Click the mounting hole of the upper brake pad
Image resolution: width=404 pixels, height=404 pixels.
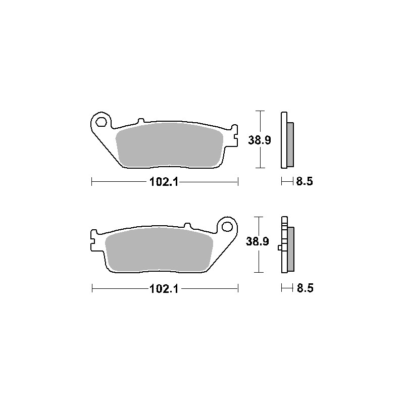[102, 122]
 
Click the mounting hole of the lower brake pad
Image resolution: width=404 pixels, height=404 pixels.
[227, 227]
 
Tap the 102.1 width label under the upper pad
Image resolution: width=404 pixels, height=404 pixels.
[164, 182]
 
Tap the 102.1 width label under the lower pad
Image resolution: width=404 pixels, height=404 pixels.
[164, 289]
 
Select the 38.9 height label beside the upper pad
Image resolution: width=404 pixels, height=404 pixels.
[260, 140]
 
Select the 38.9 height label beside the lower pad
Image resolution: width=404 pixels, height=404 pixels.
[258, 241]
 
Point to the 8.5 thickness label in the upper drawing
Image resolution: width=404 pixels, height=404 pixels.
[305, 181]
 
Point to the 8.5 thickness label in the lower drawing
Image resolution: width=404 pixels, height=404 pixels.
[305, 288]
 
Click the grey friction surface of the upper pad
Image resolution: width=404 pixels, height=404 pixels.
[170, 145]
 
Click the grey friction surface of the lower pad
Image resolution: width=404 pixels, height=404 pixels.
[159, 249]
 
